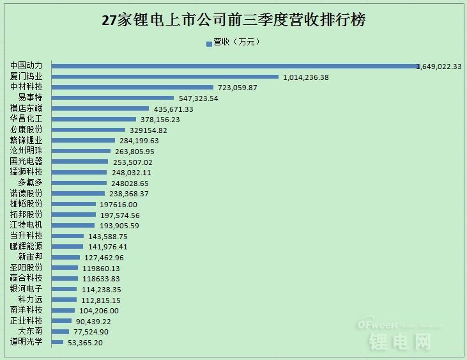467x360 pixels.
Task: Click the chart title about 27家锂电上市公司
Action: tap(234, 20)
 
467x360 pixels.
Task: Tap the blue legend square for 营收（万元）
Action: tap(208, 43)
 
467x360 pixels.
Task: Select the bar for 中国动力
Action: tap(233, 66)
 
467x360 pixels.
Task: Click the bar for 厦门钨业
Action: tap(165, 77)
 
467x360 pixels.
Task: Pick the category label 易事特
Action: tap(30, 98)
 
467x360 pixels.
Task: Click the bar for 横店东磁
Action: tap(100, 109)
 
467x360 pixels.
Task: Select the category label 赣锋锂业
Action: tap(26, 140)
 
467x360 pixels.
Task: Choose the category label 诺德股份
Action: tap(26, 193)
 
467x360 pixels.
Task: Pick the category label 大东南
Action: tap(30, 331)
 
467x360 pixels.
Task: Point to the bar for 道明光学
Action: tap(57, 342)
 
